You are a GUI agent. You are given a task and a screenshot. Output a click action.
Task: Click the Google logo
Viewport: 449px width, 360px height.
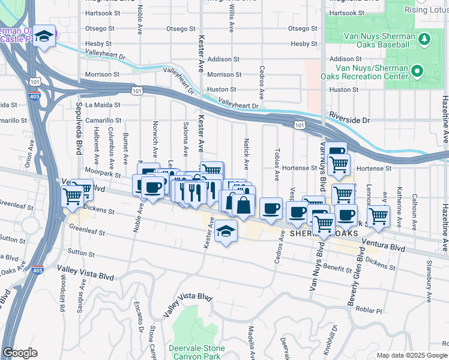click(x=20, y=353)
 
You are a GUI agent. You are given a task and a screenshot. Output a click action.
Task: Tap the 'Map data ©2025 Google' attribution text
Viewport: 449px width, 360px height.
click(x=411, y=355)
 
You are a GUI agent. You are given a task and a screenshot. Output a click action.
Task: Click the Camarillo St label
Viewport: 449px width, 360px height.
click(x=103, y=120)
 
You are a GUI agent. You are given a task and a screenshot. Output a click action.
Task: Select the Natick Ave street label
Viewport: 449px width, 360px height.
click(x=246, y=153)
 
